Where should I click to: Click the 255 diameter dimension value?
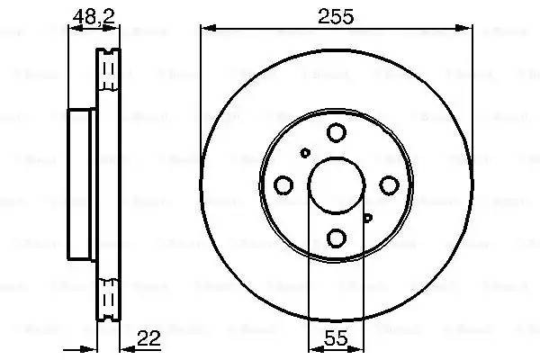click(335, 16)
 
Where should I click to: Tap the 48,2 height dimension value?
click(85, 16)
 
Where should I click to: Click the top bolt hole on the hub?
click(336, 133)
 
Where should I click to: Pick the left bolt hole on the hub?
click(283, 185)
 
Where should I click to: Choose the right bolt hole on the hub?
click(389, 184)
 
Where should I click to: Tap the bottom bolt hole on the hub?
click(336, 238)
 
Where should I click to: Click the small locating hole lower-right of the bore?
click(367, 217)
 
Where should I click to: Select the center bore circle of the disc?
click(336, 185)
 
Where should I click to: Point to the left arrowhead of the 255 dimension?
click(202, 30)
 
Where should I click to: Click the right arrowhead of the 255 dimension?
click(469, 30)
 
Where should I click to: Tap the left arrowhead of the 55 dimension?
click(312, 349)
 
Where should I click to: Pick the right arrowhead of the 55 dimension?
click(359, 349)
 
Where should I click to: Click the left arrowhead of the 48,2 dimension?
click(74, 30)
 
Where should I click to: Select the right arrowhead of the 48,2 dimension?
click(115, 30)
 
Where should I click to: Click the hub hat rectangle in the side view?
click(83, 186)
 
